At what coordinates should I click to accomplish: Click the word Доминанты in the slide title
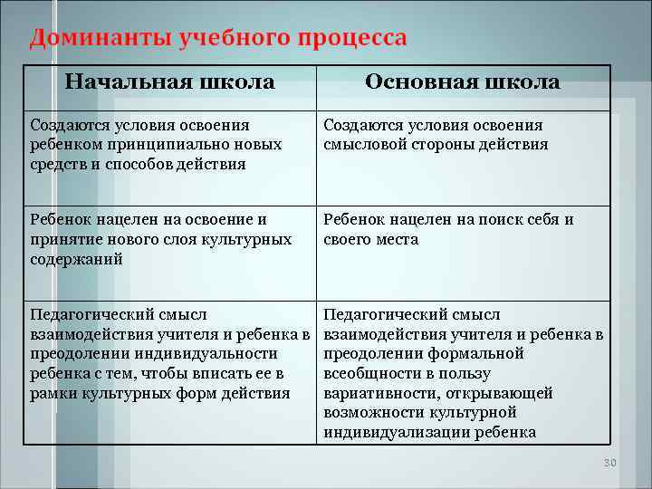coord(83,39)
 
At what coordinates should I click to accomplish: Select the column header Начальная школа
coord(170,82)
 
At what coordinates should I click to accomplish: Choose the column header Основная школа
coord(462,82)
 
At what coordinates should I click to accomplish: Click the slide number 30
coord(609,464)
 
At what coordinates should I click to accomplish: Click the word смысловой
coord(363,145)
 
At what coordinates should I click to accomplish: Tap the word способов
coord(145,164)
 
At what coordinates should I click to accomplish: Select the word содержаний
coord(76,259)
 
